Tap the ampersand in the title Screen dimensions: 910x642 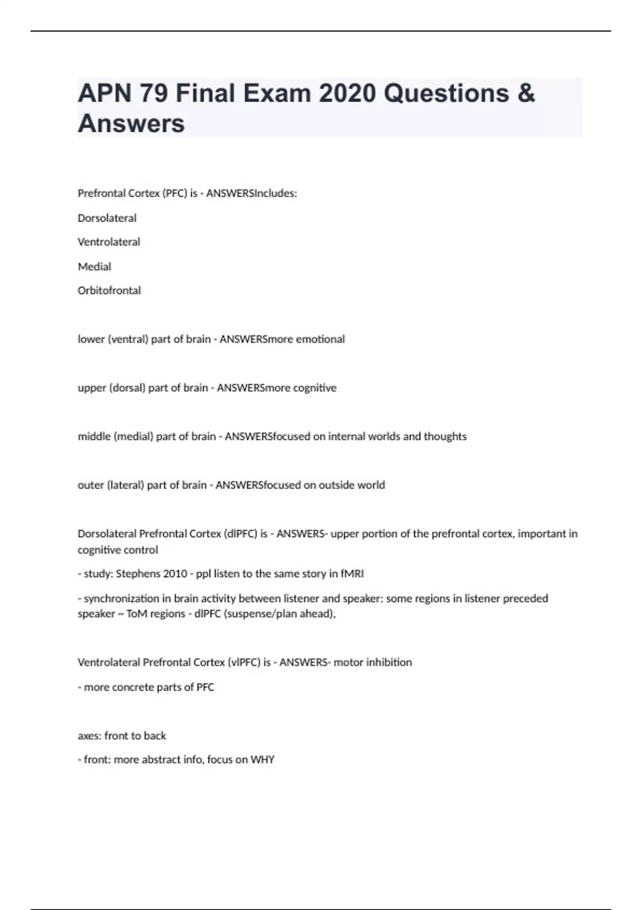(x=526, y=93)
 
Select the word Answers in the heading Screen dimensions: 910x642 (x=131, y=123)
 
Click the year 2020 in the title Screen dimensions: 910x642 (x=347, y=93)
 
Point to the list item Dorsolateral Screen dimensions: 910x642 (x=107, y=218)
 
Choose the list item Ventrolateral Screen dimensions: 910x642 (x=109, y=242)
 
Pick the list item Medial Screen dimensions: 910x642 (x=94, y=267)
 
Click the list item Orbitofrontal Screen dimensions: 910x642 (x=109, y=291)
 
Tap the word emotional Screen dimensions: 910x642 (x=320, y=339)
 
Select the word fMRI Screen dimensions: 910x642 (x=352, y=574)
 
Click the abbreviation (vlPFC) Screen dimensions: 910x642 (x=244, y=663)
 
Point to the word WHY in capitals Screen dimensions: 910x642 (x=262, y=760)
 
